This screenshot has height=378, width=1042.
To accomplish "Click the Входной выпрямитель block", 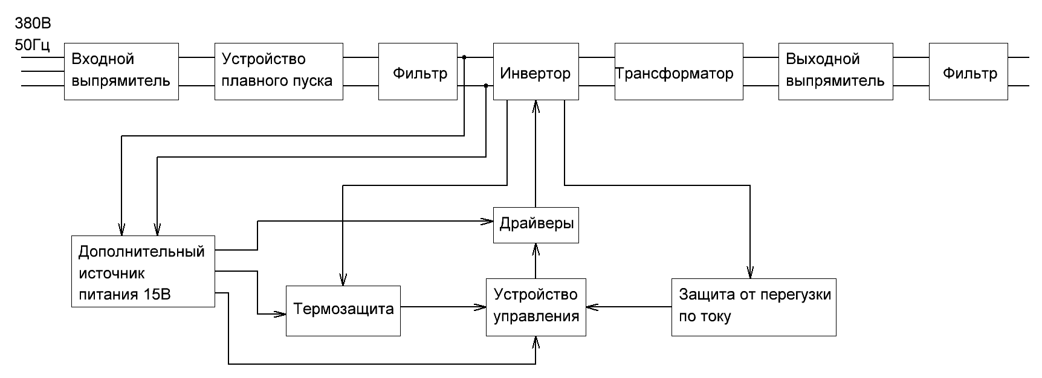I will (x=121, y=71).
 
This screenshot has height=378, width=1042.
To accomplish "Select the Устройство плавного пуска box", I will (x=279, y=71).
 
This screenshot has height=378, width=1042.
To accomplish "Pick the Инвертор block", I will (x=535, y=71).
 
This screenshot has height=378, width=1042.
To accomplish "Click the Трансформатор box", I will (x=679, y=71).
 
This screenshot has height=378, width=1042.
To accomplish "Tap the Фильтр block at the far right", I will (x=968, y=71).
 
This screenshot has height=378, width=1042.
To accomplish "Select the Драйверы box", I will (x=536, y=225).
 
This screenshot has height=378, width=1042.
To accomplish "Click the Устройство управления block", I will (x=536, y=307).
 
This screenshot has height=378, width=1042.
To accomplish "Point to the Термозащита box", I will (x=343, y=310).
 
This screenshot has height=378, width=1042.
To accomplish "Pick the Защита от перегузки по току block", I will (x=754, y=307).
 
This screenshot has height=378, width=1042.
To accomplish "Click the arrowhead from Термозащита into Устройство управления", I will (x=482, y=307).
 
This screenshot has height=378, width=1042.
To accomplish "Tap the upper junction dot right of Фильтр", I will (x=464, y=57).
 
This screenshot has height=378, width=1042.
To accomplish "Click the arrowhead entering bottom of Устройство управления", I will (x=536, y=342).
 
